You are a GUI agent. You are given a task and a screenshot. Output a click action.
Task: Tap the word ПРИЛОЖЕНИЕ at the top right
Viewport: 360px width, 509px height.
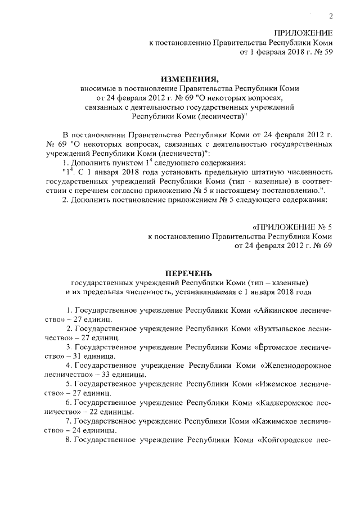pyautogui.click(x=303, y=33)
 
